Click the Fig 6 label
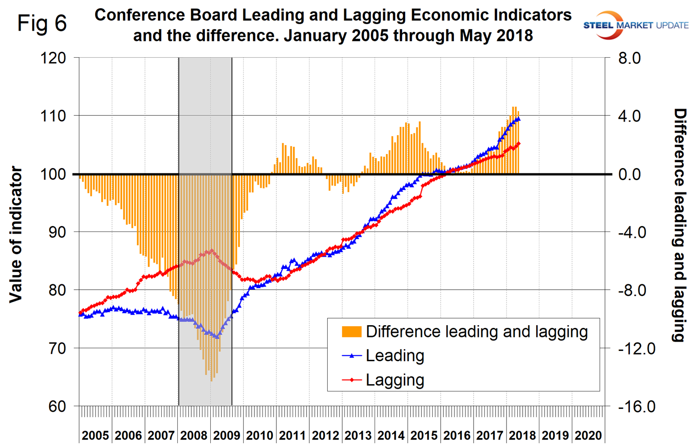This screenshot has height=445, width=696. pyautogui.click(x=42, y=23)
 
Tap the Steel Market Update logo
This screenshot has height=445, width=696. pyautogui.click(x=635, y=25)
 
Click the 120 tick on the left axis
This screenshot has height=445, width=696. pyautogui.click(x=54, y=58)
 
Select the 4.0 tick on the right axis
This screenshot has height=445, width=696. pyautogui.click(x=629, y=116)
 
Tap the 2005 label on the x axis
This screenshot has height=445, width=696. pyautogui.click(x=95, y=436)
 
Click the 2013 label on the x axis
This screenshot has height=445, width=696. pyautogui.click(x=358, y=436)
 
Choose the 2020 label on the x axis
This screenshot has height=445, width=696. pyautogui.click(x=588, y=436)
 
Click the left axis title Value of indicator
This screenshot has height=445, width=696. pyautogui.click(x=16, y=234)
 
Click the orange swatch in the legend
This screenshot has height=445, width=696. pyautogui.click(x=352, y=332)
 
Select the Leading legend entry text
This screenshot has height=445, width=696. pyautogui.click(x=395, y=356)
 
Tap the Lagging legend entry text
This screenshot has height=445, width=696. pyautogui.click(x=395, y=380)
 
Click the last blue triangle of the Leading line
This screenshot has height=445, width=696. pyautogui.click(x=519, y=119)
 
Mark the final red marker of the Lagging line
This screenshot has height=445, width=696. pyautogui.click(x=519, y=144)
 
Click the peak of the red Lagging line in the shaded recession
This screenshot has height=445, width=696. pyautogui.click(x=212, y=250)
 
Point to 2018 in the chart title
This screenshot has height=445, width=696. pyautogui.click(x=515, y=35)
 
